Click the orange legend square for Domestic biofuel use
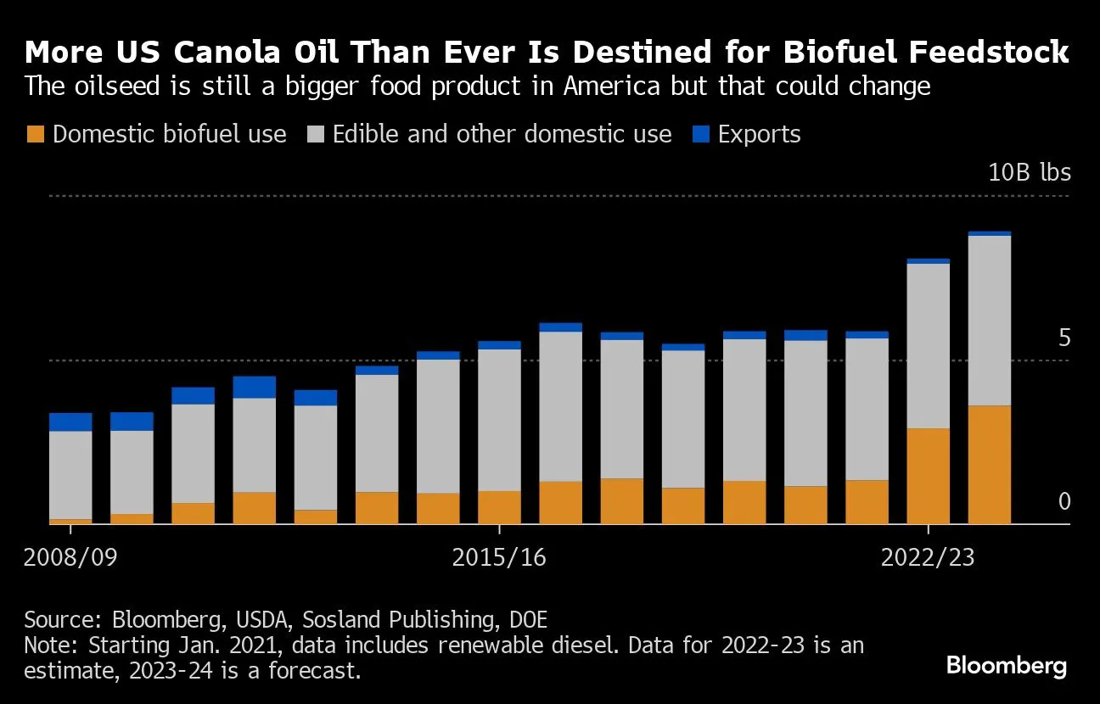pyautogui.click(x=36, y=134)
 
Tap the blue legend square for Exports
pyautogui.click(x=700, y=134)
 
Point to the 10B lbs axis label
pyautogui.click(x=1029, y=173)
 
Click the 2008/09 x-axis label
pyautogui.click(x=70, y=558)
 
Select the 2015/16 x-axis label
pyautogui.click(x=499, y=558)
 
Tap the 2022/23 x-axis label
pyautogui.click(x=928, y=558)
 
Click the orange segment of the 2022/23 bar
pyautogui.click(x=928, y=476)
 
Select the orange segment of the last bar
pyautogui.click(x=989, y=465)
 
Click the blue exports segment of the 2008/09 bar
pyautogui.click(x=70, y=422)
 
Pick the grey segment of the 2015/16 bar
pyautogui.click(x=499, y=420)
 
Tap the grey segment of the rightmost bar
pyautogui.click(x=989, y=321)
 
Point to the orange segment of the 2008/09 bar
pyautogui.click(x=70, y=521)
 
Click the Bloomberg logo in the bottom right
pyautogui.click(x=1007, y=666)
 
